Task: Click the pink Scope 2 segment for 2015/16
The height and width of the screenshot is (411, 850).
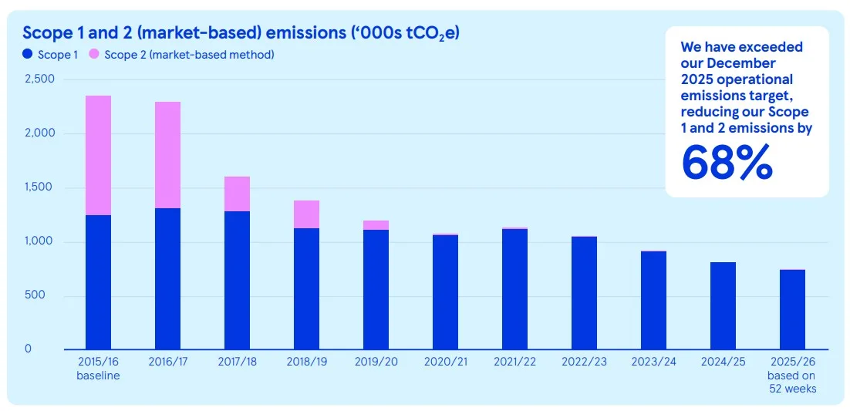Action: (98, 156)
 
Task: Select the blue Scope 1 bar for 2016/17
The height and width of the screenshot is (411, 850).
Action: (167, 278)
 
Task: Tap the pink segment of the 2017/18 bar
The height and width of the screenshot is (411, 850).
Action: (237, 194)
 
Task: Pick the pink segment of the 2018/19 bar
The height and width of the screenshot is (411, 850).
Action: (306, 214)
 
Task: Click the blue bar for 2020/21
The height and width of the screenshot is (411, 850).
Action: (445, 292)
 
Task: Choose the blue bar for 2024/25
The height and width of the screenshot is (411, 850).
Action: (723, 306)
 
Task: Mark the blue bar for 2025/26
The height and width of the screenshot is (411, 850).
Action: (792, 310)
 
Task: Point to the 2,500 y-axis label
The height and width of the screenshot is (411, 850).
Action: (39, 79)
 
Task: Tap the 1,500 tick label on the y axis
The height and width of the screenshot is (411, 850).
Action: (41, 187)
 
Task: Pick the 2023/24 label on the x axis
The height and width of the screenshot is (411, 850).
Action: (653, 362)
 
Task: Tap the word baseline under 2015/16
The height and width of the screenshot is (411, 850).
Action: (98, 376)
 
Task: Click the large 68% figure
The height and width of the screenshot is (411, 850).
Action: (727, 162)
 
